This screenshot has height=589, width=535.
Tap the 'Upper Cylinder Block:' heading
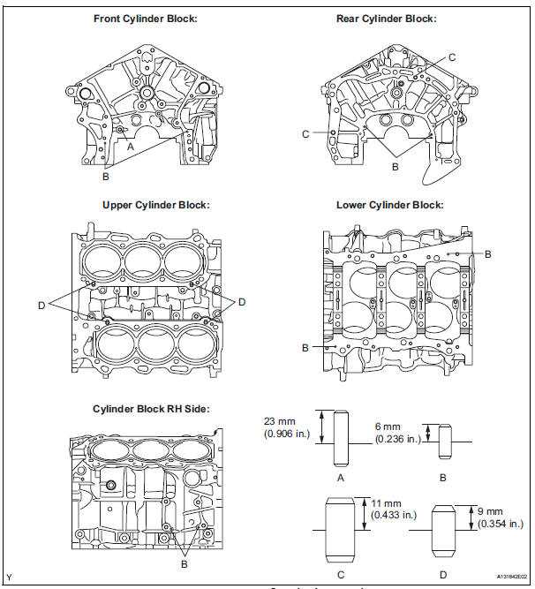155,205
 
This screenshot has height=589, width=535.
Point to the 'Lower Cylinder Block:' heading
389,205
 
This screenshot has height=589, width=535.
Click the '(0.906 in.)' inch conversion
287,434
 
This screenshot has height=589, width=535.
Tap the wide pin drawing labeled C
340,525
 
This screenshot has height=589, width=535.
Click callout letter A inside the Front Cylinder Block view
130,148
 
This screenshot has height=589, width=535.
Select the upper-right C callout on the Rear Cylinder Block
451,57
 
